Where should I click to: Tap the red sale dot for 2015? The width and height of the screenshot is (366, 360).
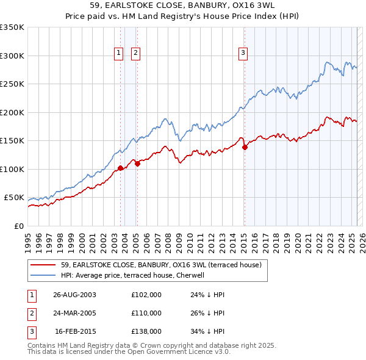(x=245, y=147)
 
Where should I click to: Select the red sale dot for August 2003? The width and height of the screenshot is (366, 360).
(x=120, y=168)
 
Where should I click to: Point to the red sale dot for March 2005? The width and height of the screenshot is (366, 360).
(x=137, y=163)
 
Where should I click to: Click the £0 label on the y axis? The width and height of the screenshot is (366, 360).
(x=18, y=226)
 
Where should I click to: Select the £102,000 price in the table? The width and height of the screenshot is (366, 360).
(x=146, y=295)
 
